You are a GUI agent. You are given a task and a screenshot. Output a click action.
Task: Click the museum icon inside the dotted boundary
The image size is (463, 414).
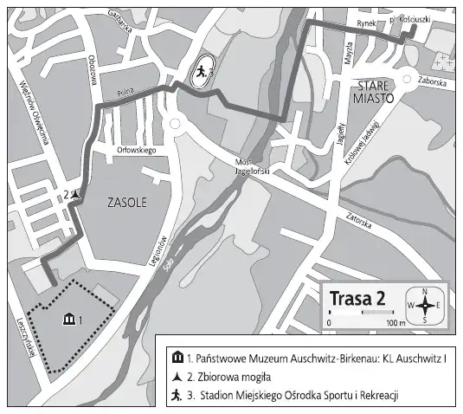pyautogui.click(x=69, y=320)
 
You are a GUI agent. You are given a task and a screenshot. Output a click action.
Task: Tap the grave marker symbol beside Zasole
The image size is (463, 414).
pyautogui.click(x=77, y=195)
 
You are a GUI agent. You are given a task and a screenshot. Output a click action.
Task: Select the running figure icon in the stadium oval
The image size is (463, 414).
pyautogui.click(x=200, y=72)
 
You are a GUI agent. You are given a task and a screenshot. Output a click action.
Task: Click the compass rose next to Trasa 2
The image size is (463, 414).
pyautogui.click(x=425, y=305)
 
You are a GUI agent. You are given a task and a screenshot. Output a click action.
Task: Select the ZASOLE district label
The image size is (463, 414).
pyautogui.click(x=125, y=204)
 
